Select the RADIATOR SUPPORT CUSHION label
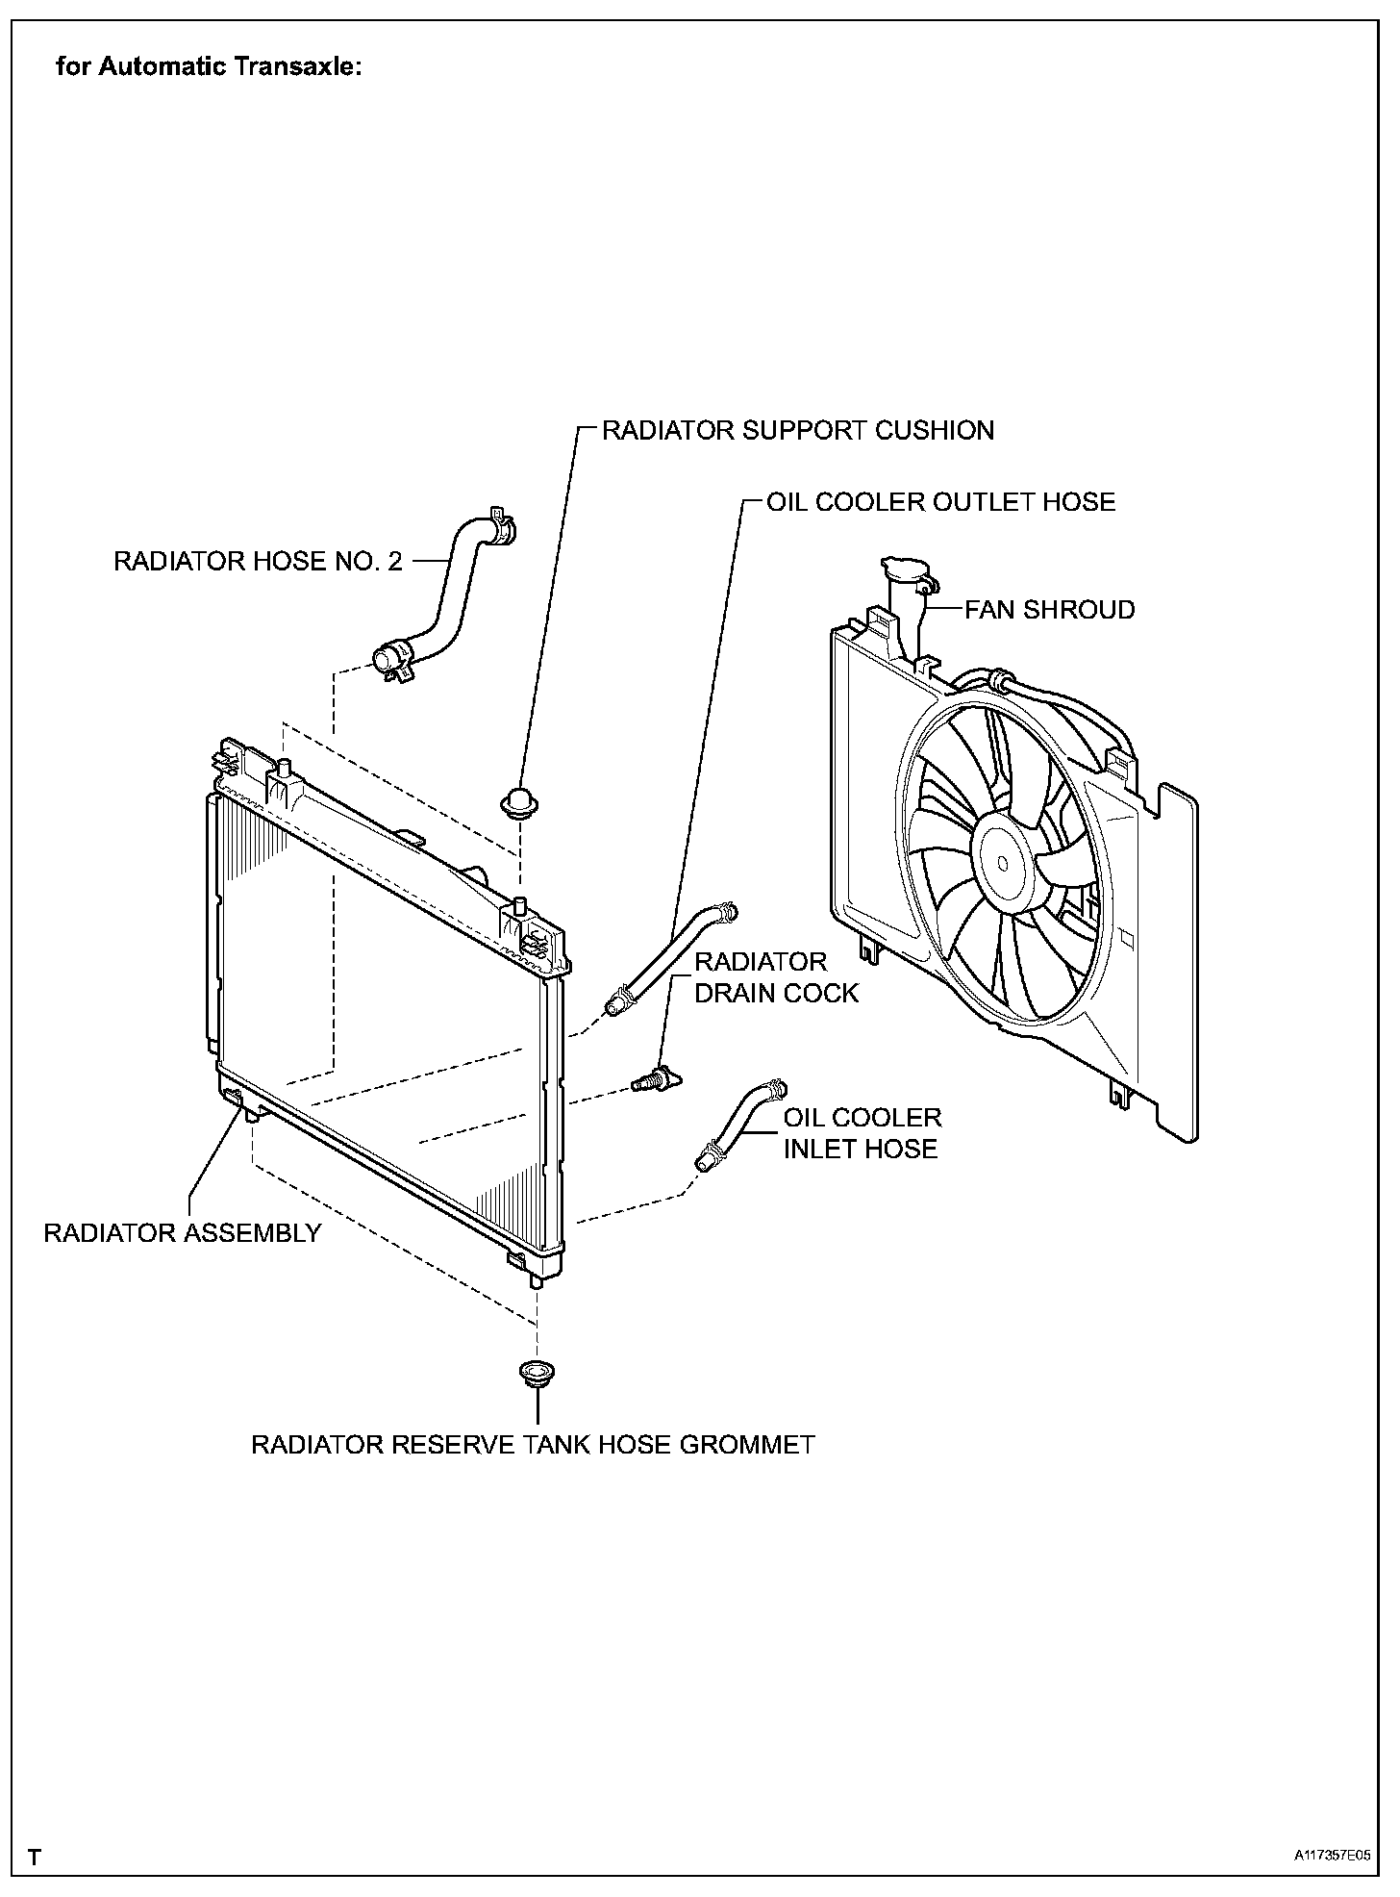point(797,430)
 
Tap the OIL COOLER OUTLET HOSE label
point(940,502)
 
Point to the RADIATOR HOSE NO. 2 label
point(258,561)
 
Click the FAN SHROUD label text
point(1049,610)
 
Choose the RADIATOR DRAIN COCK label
point(775,977)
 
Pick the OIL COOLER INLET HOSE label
point(862,1133)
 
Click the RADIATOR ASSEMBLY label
point(182,1233)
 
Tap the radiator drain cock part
point(656,1080)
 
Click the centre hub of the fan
point(1003,862)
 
